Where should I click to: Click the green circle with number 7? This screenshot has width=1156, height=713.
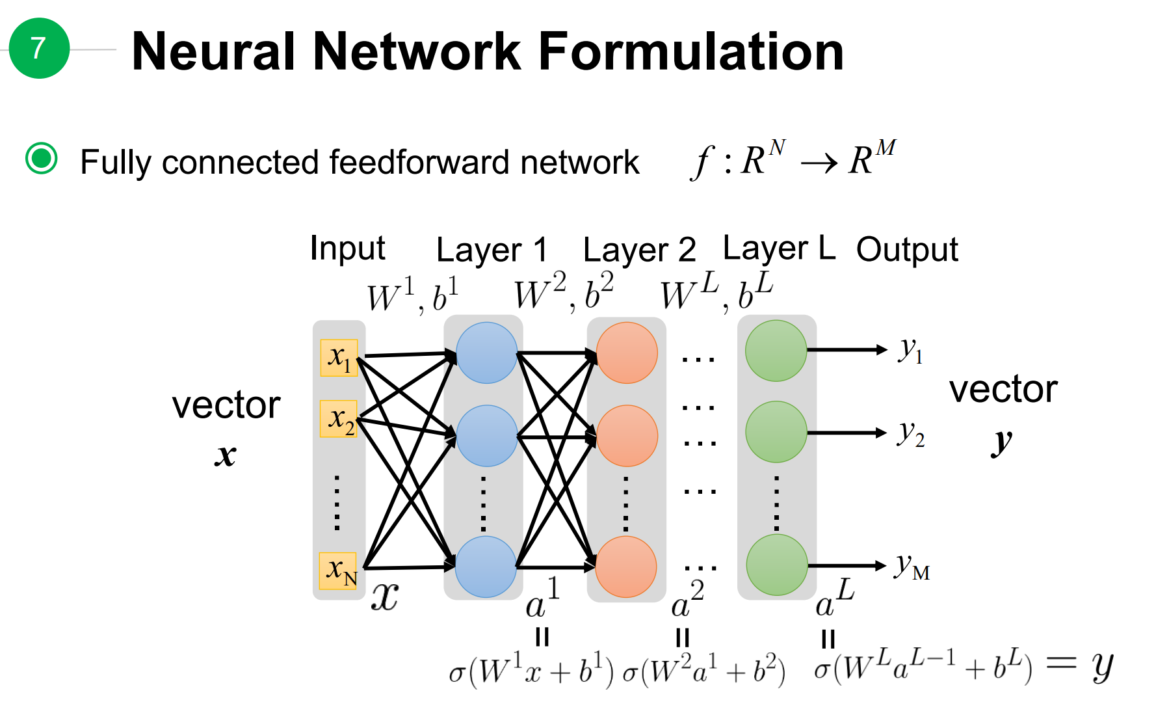coord(39,48)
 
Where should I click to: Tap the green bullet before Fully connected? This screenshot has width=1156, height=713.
coord(42,158)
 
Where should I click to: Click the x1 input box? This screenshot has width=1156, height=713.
coord(339,358)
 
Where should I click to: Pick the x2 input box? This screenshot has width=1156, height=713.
coord(339,419)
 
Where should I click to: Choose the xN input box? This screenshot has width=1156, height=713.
coord(339,571)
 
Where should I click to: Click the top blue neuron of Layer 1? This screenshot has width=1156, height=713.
coord(486,353)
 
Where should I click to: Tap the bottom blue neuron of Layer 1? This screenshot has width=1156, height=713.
coord(485,567)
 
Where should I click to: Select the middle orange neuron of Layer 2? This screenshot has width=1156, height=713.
coord(627,436)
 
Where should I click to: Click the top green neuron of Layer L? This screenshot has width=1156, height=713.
coord(776,351)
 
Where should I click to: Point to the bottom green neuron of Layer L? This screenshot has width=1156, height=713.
coord(776,565)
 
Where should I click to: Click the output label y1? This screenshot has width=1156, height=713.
coord(910,351)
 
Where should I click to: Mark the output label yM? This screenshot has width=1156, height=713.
coord(912,567)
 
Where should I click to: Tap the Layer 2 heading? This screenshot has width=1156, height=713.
coord(639,250)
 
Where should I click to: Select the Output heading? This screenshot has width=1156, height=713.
coord(907,250)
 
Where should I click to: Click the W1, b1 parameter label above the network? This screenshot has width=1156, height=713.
coord(412,295)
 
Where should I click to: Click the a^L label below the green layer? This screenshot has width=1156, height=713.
coord(834,599)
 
